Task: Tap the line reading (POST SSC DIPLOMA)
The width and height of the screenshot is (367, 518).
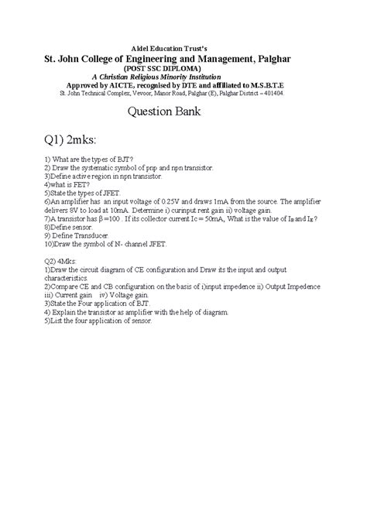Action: [183, 68]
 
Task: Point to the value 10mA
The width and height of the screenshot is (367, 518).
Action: [132, 209]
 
